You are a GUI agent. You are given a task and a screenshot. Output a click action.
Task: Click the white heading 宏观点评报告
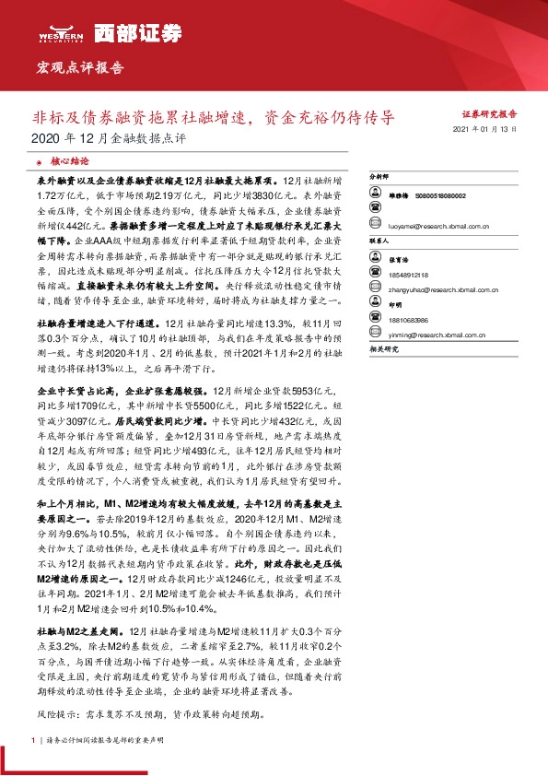pyautogui.click(x=79, y=67)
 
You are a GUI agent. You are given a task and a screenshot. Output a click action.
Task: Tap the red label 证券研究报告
pyautogui.click(x=488, y=113)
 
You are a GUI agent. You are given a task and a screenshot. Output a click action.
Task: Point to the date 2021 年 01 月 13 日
pyautogui.click(x=486, y=132)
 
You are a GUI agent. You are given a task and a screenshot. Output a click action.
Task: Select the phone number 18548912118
pyautogui.click(x=409, y=275)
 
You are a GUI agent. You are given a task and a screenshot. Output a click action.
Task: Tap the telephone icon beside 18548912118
pyautogui.click(x=375, y=275)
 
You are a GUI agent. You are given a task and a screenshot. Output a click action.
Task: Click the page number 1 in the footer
pyautogui.click(x=33, y=740)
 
